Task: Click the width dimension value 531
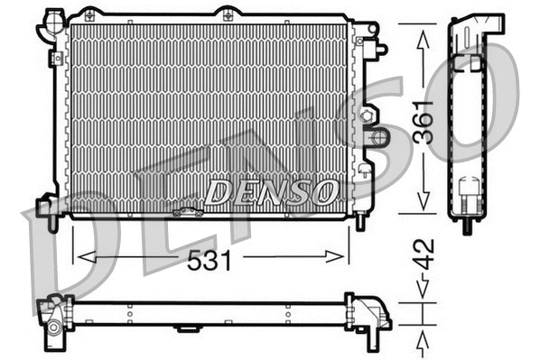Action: pyautogui.click(x=210, y=261)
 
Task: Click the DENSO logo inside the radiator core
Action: pyautogui.click(x=271, y=191)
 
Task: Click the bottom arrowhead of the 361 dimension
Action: pyautogui.click(x=422, y=207)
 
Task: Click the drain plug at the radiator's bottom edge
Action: pyautogui.click(x=189, y=213)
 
